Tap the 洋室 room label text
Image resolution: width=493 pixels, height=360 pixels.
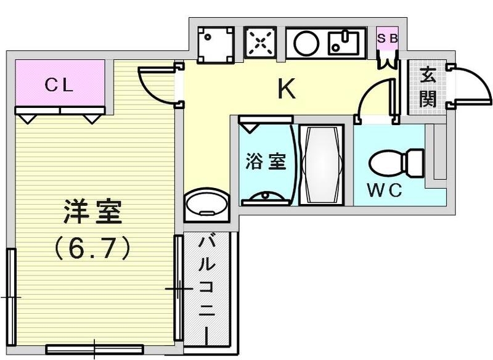click(x=92, y=213)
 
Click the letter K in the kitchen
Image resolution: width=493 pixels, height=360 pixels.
click(x=286, y=90)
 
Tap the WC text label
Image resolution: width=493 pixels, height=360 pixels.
click(x=386, y=190)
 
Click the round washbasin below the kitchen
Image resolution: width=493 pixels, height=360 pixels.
click(x=205, y=203)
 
